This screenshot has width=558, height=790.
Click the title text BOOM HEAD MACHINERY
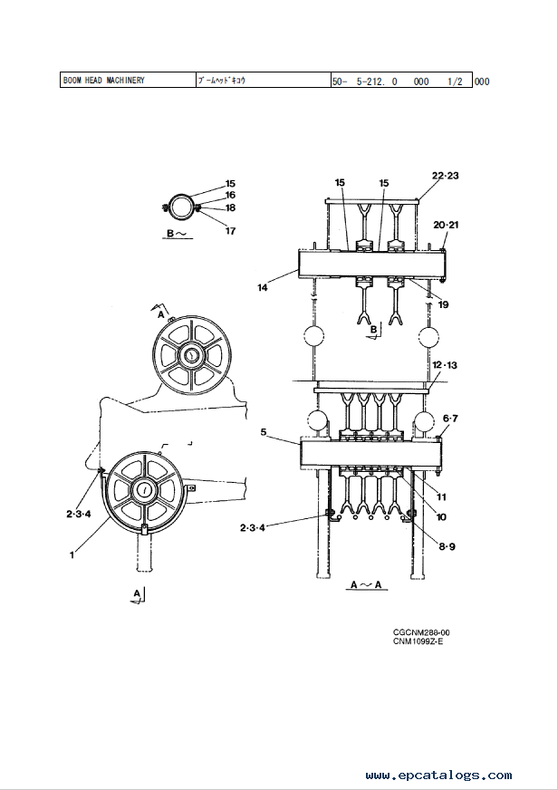pos(104,80)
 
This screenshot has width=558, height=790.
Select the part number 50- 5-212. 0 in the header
pos(365,82)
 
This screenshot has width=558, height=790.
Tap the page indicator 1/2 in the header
pos(455,82)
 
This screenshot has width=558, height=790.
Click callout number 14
pos(263,288)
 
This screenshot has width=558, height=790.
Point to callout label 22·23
pos(445,176)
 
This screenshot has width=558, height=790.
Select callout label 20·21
pos(446,225)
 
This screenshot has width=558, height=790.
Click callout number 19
pos(443,304)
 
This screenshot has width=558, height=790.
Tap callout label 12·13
pos(445,365)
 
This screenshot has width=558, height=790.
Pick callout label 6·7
pos(450,419)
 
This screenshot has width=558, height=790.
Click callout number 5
pos(264,432)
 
